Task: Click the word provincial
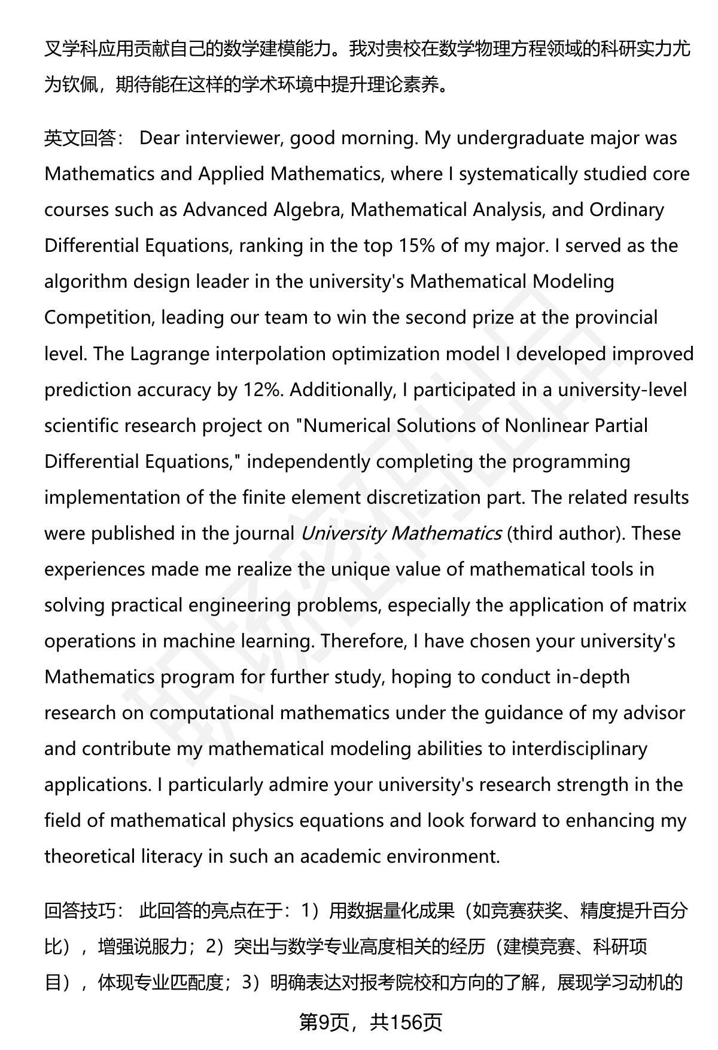pos(616,318)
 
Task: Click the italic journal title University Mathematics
pos(400,533)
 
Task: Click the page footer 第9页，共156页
pos(370,1022)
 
